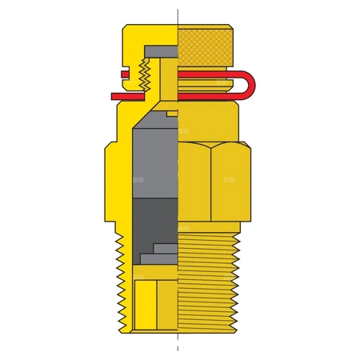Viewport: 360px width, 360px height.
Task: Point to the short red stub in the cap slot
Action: tap(128, 76)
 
